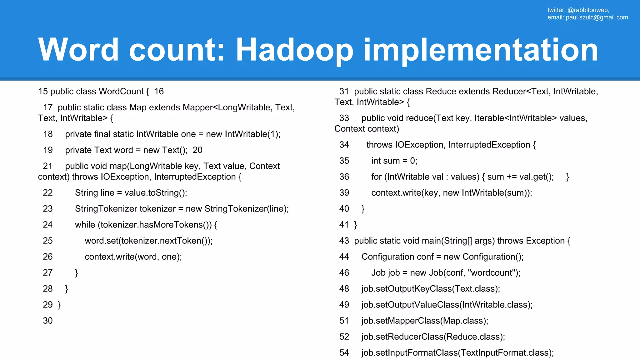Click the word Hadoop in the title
tap(294, 50)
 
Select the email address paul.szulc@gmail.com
tap(597, 17)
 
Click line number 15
tap(43, 91)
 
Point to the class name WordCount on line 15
tap(121, 91)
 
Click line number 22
tap(48, 192)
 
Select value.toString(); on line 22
tap(156, 192)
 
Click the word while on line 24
tap(85, 225)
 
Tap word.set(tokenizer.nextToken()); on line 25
tap(148, 241)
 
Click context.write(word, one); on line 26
tap(133, 257)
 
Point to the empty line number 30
tap(48, 321)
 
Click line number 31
tap(344, 91)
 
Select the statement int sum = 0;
tap(394, 161)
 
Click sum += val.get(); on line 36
tap(520, 177)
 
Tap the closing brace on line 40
tap(363, 209)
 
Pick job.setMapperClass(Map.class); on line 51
tap(425, 321)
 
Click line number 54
tap(344, 353)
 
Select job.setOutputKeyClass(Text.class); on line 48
tap(431, 289)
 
